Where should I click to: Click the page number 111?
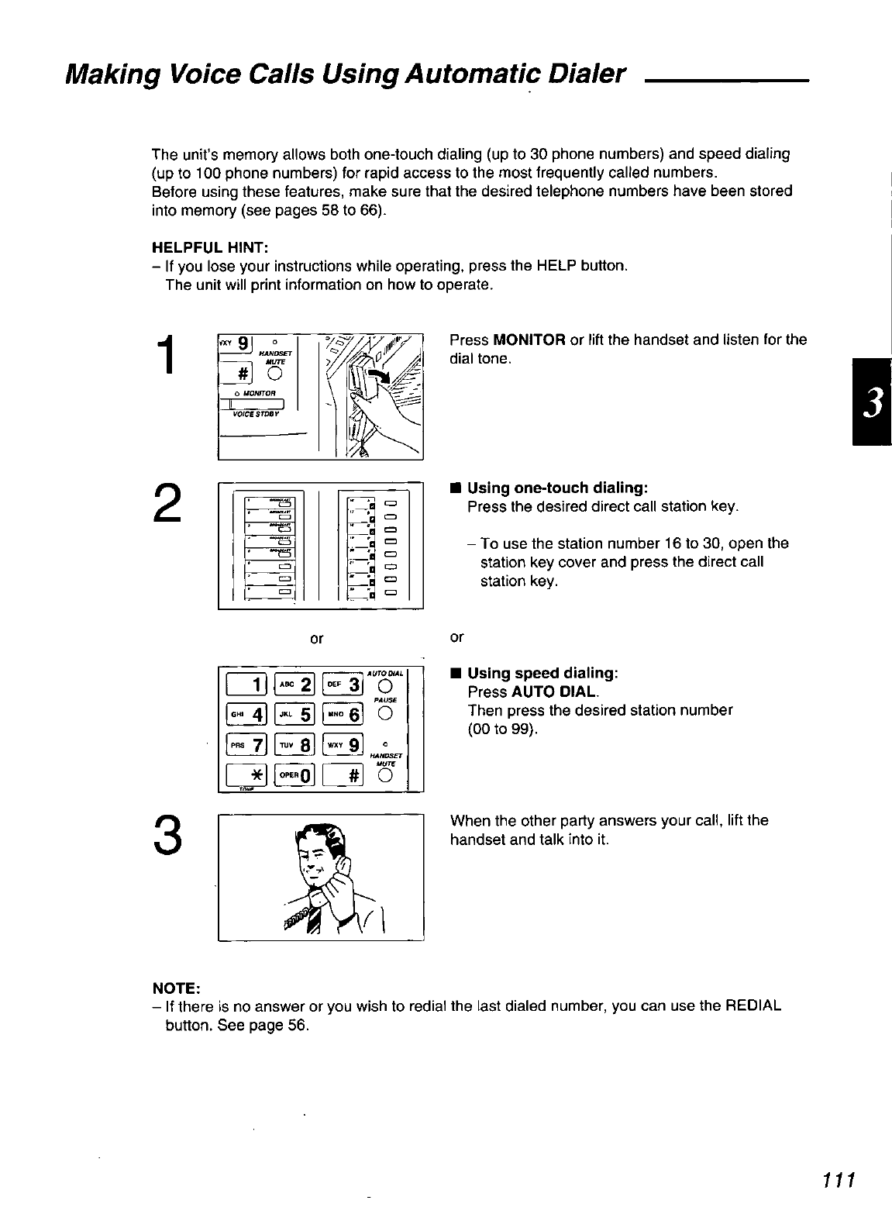point(839,1180)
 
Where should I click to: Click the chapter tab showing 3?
point(872,402)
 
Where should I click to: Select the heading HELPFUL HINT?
point(210,247)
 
